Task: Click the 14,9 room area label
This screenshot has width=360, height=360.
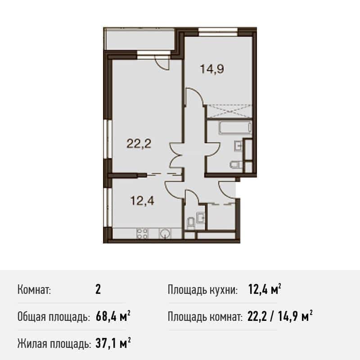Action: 212,69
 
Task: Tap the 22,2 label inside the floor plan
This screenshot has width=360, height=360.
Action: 139,144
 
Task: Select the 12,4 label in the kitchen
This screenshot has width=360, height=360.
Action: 142,200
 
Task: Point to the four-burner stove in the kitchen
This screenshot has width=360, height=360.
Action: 142,234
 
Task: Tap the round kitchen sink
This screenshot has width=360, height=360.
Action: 165,234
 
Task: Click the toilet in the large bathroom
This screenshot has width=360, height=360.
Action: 235,165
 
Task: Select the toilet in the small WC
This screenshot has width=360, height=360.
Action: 191,223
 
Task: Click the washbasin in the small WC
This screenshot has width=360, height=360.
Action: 200,217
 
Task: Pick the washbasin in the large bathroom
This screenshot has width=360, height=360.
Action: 238,146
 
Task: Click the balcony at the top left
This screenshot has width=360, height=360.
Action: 139,39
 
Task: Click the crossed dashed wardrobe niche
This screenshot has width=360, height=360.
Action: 229,111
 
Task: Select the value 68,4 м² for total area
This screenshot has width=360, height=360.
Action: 113,317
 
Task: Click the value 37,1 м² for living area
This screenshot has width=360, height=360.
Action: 113,344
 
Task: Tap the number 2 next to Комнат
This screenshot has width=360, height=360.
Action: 98,290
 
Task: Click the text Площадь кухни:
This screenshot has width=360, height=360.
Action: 202,290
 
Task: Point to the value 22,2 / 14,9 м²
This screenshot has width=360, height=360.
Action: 280,317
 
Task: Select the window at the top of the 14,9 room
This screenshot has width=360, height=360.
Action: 218,31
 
